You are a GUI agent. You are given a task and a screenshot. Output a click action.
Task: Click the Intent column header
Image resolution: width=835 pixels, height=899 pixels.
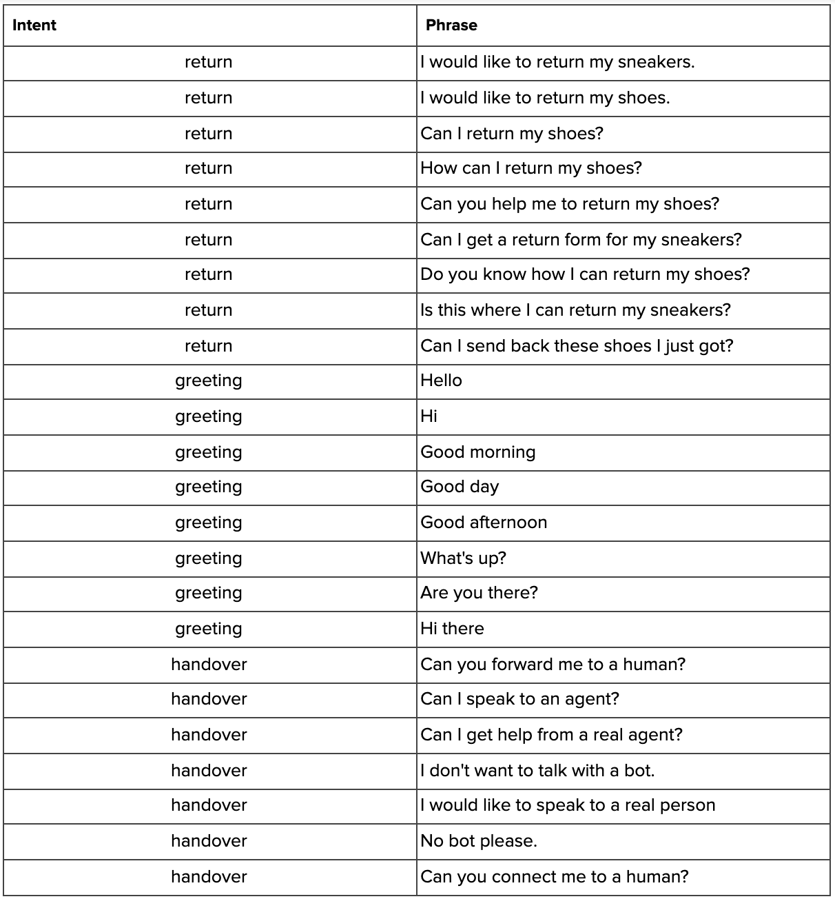click(x=34, y=26)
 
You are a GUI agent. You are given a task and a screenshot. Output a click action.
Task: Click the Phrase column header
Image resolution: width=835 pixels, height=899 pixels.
click(x=451, y=26)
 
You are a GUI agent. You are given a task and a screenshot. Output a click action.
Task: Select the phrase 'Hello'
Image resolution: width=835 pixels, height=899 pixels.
click(x=441, y=381)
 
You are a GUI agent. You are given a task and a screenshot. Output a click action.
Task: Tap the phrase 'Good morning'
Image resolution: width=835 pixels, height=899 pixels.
click(x=477, y=452)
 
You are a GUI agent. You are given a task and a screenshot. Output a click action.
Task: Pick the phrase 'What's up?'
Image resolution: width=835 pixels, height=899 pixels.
click(x=463, y=558)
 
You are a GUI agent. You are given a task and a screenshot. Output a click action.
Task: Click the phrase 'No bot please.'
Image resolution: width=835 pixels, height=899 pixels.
click(x=478, y=841)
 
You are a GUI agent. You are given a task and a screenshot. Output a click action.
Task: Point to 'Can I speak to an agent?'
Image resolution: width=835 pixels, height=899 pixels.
click(x=519, y=699)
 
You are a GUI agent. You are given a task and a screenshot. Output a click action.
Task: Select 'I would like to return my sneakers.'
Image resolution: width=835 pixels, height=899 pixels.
click(x=557, y=62)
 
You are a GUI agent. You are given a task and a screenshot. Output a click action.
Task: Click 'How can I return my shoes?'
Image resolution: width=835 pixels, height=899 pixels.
click(x=530, y=168)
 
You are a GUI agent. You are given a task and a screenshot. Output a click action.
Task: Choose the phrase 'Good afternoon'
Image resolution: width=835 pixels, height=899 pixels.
click(x=484, y=523)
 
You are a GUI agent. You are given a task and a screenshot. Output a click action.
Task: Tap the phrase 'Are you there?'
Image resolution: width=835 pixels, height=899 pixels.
click(x=479, y=593)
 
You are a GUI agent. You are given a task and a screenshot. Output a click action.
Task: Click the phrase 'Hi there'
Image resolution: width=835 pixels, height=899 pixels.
click(x=452, y=629)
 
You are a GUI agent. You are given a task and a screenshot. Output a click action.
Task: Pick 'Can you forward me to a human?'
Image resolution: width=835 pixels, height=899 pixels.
click(x=553, y=665)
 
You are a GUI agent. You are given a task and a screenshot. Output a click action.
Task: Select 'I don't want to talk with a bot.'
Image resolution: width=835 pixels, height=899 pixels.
click(x=537, y=770)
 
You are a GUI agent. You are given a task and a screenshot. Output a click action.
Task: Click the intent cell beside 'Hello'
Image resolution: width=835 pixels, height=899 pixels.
click(x=209, y=381)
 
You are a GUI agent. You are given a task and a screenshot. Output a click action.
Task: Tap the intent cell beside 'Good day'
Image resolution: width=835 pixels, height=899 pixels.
click(x=209, y=487)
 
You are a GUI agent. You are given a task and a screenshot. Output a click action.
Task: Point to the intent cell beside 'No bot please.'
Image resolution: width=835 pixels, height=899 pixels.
click(x=209, y=841)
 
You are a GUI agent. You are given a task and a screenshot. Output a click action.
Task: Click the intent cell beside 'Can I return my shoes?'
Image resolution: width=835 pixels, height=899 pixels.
click(x=209, y=134)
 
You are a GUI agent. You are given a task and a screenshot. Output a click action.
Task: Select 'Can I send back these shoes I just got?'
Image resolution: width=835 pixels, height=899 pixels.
click(x=577, y=346)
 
